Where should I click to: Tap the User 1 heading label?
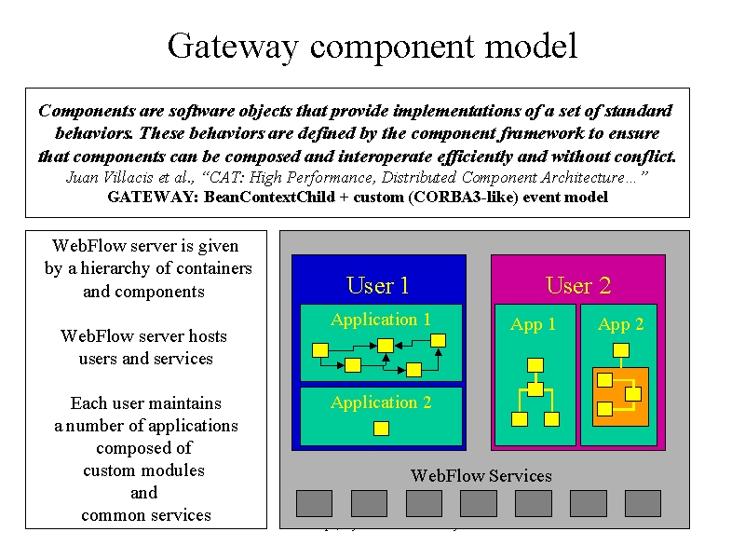click(378, 286)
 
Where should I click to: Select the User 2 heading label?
click(578, 286)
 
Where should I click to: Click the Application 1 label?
click(381, 320)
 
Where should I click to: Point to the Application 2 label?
click(381, 402)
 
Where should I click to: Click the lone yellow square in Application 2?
click(381, 429)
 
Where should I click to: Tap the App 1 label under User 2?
click(533, 324)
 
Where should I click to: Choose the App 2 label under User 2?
click(620, 324)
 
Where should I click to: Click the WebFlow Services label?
click(481, 476)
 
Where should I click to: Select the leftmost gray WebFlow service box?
click(314, 503)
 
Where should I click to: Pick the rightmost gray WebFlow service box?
click(643, 503)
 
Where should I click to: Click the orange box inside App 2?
click(620, 397)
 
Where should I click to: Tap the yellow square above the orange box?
click(621, 351)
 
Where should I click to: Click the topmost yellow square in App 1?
click(535, 365)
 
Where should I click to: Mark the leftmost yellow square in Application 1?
click(320, 350)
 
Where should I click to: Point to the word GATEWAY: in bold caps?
click(153, 197)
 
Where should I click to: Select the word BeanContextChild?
click(269, 197)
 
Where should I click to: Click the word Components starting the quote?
click(87, 111)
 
